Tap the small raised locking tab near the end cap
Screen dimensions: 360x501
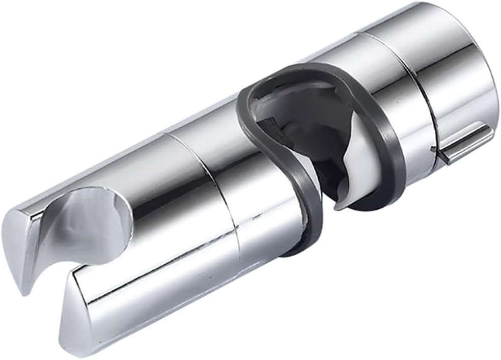click(463, 145)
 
